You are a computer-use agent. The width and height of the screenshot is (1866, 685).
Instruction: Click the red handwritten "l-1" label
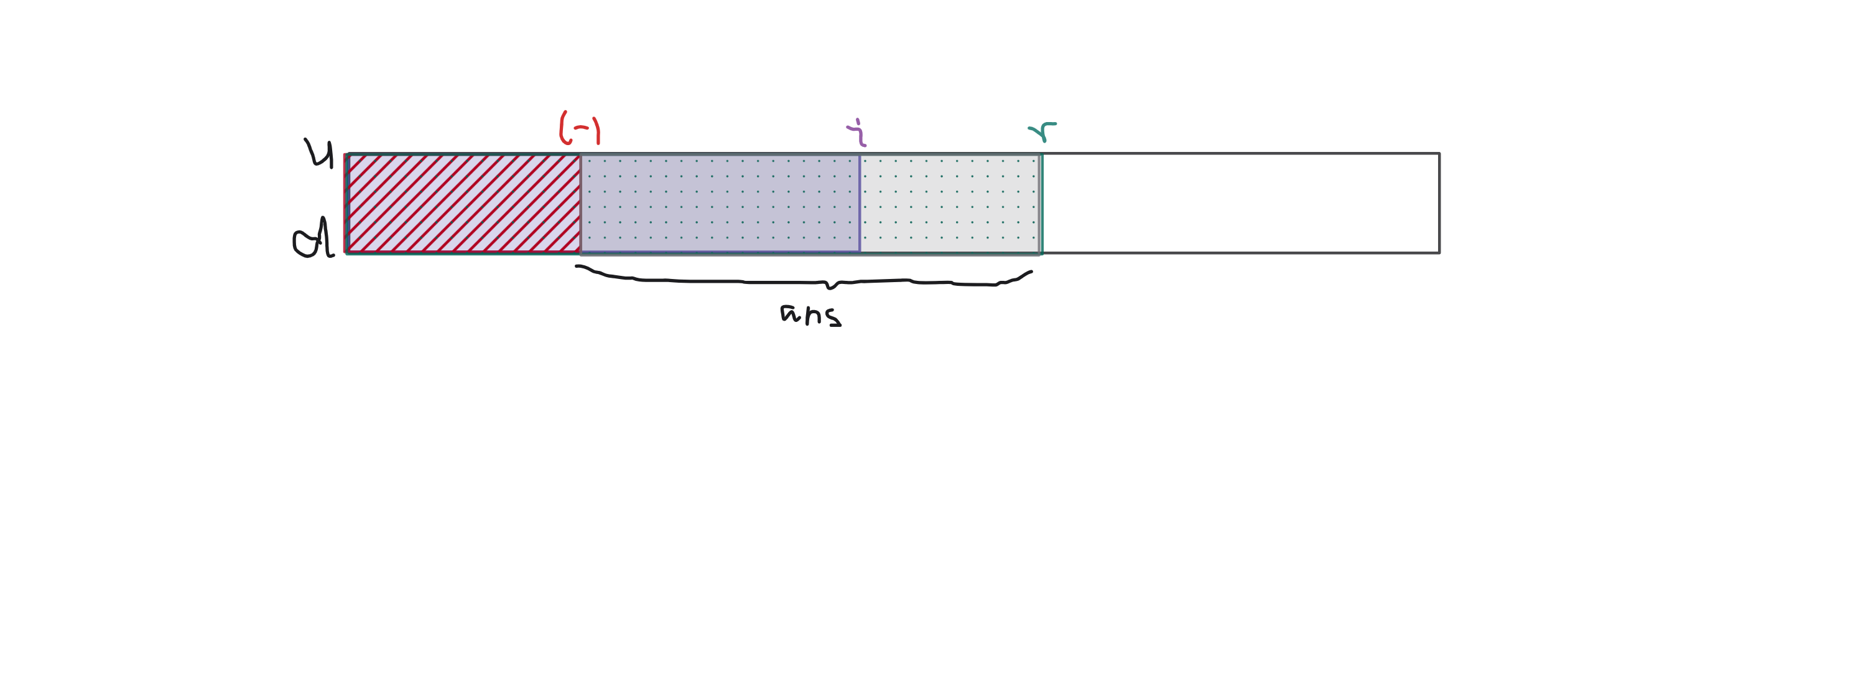(x=580, y=129)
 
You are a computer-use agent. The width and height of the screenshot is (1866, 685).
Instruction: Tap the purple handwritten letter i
(x=857, y=134)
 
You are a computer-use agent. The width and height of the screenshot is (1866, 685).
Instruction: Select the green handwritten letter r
(x=1042, y=131)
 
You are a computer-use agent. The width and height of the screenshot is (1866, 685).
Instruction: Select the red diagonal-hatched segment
(x=463, y=203)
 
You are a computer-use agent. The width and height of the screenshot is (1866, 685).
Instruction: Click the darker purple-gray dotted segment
(x=720, y=203)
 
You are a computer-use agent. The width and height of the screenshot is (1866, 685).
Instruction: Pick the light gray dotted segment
(x=950, y=203)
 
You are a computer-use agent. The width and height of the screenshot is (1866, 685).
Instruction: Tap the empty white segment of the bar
(x=1240, y=203)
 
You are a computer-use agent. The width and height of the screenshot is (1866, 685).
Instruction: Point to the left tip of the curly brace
(x=577, y=267)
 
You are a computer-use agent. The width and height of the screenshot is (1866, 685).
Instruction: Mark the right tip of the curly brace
(x=1031, y=273)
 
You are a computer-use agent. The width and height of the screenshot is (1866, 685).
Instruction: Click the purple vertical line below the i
(x=860, y=203)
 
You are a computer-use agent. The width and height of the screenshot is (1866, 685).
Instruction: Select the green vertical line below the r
(x=1041, y=203)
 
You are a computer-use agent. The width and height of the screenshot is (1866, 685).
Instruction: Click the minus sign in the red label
(x=581, y=128)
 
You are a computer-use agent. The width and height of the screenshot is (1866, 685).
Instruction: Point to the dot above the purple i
(x=858, y=120)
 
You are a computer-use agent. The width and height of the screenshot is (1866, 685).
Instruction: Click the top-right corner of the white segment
(x=1439, y=154)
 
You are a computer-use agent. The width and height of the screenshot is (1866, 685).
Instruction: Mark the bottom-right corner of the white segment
(x=1439, y=252)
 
